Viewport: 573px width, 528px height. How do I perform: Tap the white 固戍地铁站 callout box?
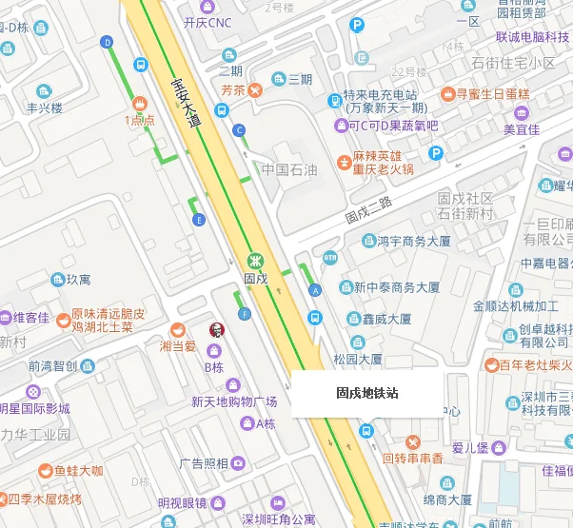(x=366, y=392)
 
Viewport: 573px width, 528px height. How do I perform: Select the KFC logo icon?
(x=214, y=329)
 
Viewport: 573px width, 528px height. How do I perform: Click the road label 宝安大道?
(x=187, y=104)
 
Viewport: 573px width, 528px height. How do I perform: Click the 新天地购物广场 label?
(x=233, y=401)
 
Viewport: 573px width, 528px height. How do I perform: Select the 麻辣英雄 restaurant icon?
(x=344, y=162)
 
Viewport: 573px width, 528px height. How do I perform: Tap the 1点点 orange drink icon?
(x=140, y=103)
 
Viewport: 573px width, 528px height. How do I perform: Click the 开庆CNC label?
(x=207, y=22)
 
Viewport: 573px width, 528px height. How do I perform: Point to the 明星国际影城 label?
(x=35, y=409)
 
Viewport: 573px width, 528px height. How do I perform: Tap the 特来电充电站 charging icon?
(x=335, y=100)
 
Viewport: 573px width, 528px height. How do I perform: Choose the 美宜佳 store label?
(x=521, y=129)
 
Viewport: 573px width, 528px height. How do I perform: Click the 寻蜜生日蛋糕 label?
(x=492, y=94)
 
